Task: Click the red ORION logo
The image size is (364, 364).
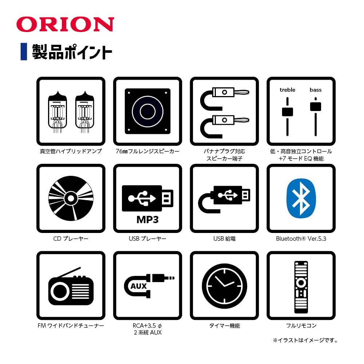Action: point(65,24)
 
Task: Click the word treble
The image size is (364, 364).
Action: point(287,90)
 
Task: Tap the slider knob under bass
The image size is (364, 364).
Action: point(316,106)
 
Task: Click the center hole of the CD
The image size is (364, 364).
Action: point(71,198)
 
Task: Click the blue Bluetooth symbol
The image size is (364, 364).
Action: point(301,198)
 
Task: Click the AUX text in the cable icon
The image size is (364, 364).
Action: point(139,286)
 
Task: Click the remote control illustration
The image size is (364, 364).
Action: point(301,285)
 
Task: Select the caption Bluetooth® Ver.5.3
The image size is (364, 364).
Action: point(301,239)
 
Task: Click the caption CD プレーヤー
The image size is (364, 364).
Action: point(71,239)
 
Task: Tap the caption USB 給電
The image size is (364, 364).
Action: point(224,239)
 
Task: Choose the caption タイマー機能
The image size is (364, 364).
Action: point(224,326)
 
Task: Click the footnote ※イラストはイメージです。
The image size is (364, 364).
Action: point(305,341)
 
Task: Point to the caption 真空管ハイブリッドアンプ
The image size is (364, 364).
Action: point(71,151)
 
